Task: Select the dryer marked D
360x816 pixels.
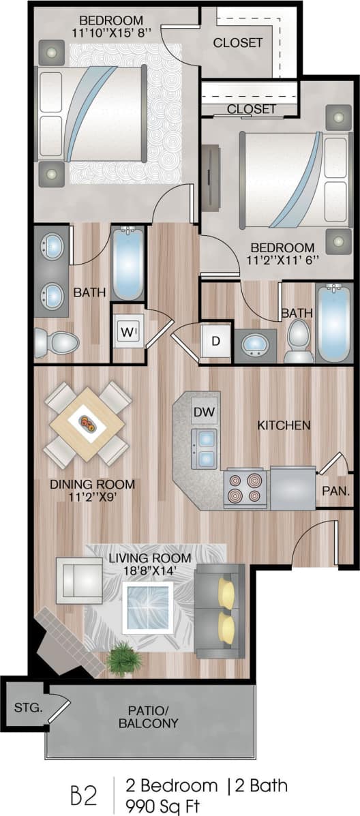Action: point(215,342)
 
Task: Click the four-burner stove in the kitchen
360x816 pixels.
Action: point(244,488)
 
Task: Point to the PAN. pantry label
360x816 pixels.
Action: point(335,490)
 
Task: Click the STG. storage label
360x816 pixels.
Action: point(28,707)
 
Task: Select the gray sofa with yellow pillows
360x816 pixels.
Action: point(220,610)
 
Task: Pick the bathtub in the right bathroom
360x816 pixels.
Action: point(334,324)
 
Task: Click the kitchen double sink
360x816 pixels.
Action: point(204,449)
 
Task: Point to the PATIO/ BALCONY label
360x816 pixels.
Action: point(149,716)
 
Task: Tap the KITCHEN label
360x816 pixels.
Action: point(284,425)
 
